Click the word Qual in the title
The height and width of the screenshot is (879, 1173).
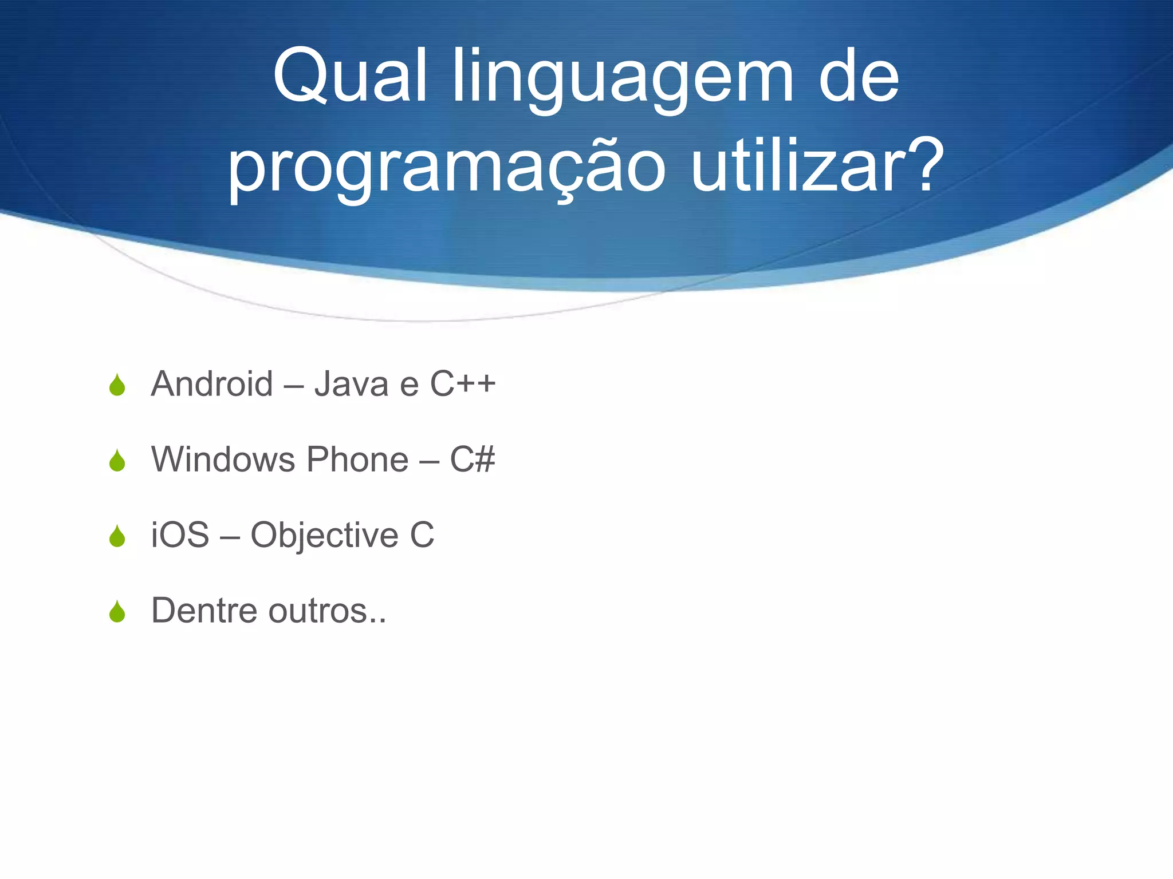click(349, 77)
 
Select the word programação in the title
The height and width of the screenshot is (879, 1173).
click(447, 169)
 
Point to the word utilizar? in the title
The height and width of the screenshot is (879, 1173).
click(817, 166)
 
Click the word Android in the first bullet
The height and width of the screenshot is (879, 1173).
click(212, 383)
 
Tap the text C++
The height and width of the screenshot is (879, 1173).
click(463, 383)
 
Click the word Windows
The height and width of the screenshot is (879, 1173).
click(223, 459)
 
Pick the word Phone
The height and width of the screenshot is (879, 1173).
click(357, 459)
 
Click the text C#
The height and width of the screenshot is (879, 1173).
click(472, 459)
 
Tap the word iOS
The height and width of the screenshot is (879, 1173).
click(180, 535)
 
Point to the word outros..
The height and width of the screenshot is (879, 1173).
click(321, 611)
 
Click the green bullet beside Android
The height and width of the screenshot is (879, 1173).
click(117, 385)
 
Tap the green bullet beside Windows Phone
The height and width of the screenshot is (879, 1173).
click(117, 461)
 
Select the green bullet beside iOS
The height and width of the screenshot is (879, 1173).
click(117, 536)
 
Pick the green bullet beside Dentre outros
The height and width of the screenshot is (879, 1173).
click(117, 612)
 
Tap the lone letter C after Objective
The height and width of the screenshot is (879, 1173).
click(422, 535)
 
